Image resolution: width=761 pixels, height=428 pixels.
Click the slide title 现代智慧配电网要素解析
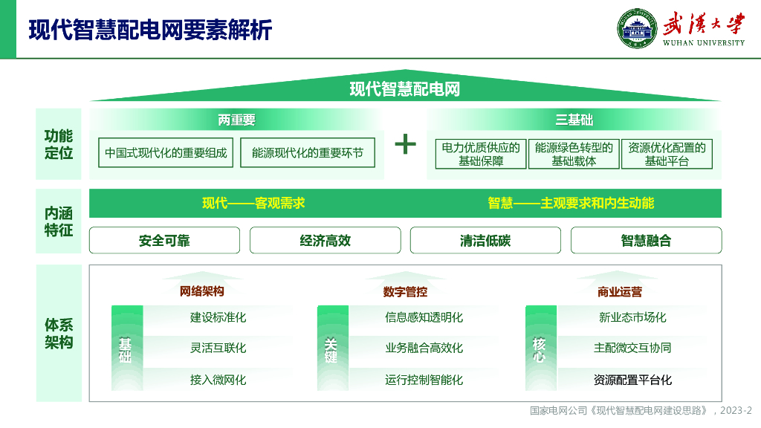tap(150, 30)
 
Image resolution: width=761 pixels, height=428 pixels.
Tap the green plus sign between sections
tap(405, 143)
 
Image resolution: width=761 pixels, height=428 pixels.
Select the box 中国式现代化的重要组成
tap(166, 153)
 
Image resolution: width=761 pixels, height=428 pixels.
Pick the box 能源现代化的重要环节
tap(308, 153)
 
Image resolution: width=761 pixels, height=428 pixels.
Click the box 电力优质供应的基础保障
tap(481, 154)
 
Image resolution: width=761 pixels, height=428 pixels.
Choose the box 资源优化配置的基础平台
tap(667, 154)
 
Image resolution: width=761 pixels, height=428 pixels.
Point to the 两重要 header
tap(236, 120)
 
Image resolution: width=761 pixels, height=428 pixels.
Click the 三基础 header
tap(574, 120)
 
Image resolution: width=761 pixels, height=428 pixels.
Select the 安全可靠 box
tap(164, 241)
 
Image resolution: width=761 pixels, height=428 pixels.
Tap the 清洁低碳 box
tap(485, 241)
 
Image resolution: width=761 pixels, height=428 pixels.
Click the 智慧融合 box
tap(646, 241)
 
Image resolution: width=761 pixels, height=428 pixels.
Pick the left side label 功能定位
tap(59, 144)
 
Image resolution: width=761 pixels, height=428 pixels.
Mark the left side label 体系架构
tap(59, 334)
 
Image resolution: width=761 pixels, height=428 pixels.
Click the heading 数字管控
tap(405, 292)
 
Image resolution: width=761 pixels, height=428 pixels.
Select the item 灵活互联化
tap(218, 348)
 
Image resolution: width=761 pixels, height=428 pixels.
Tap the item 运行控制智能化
tap(424, 380)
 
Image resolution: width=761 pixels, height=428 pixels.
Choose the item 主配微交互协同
tap(632, 348)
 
